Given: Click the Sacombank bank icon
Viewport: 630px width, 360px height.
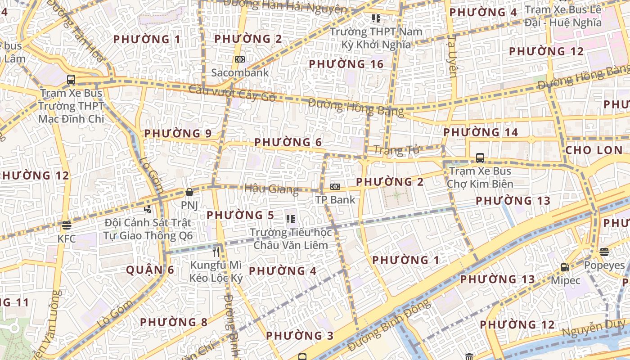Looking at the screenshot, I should coord(240,59).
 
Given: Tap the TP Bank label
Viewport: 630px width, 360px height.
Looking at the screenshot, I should coord(335,199).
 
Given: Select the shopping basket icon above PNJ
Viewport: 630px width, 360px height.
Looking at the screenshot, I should coord(189,192).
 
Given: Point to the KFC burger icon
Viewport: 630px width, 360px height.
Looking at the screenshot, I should coord(67,225).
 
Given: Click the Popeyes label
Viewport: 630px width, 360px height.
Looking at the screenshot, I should coord(604,265).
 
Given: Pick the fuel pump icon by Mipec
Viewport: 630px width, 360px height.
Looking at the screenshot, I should coord(565,267).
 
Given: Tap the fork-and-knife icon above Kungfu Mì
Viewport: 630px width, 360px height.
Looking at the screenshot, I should coord(216,252).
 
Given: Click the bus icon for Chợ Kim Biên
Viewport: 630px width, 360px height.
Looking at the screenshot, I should coord(480,158).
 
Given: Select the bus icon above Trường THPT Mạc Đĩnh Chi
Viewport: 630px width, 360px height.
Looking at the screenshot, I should coord(71,80).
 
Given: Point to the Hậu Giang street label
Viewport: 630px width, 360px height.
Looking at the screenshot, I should coord(271,189).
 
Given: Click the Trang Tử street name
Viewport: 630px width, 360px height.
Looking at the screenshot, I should coord(396,150).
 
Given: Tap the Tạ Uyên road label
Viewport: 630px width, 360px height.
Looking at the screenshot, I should coord(453,56).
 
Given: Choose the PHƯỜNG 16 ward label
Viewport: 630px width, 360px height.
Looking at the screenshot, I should coord(346,64).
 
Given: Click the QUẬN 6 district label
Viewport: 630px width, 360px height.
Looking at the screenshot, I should coord(150,270).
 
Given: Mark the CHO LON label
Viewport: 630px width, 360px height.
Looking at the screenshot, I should coord(594,150).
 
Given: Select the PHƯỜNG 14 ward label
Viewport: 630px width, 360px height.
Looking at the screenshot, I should coord(481,132).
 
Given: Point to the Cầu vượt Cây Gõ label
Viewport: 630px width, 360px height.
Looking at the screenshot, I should coord(232,93).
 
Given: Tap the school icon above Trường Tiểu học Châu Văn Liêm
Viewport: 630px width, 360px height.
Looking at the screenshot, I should coord(291,219).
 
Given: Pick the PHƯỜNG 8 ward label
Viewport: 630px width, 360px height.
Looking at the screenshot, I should coord(174,322).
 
